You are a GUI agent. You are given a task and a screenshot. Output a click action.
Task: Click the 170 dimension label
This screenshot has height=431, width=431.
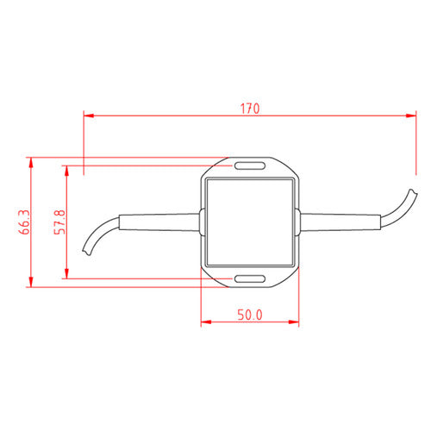pos(250,109)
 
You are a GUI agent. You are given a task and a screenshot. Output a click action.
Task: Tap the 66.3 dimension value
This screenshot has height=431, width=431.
pos(24,222)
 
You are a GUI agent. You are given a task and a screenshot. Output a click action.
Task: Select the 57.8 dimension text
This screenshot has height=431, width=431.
pos(59,222)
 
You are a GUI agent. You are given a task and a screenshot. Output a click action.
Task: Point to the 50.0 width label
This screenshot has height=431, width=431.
pos(250,315)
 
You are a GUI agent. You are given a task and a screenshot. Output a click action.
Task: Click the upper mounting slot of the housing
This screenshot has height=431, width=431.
pos(250,166)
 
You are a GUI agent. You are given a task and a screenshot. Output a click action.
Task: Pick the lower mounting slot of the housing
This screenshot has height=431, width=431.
pos(250,278)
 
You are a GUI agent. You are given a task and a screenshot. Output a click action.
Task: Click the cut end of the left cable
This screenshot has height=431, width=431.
pos(86,252)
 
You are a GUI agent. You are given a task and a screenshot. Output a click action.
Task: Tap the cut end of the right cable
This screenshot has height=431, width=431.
pos(413,191)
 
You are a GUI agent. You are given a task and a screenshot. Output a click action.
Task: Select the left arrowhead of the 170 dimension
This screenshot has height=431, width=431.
pos(89,116)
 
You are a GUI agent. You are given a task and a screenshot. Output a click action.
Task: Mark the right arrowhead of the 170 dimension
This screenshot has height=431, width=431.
pos(411,116)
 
